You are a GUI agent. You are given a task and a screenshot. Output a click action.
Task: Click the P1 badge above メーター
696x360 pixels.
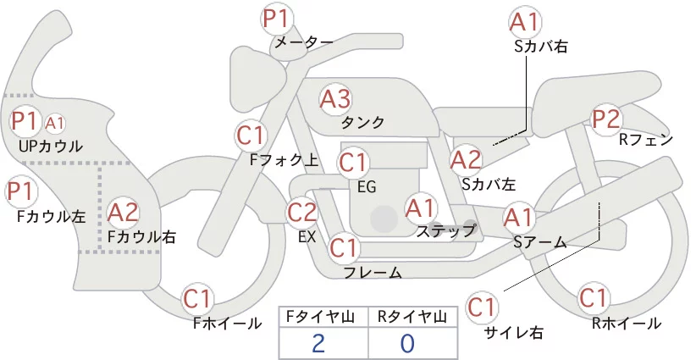pyautogui.click(x=276, y=19)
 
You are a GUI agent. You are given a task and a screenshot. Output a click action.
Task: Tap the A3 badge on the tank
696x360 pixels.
pyautogui.click(x=335, y=99)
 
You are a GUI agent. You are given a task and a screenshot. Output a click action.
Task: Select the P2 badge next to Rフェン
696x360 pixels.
pyautogui.click(x=606, y=119)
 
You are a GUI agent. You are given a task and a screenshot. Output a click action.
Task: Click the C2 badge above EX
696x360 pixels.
pyautogui.click(x=302, y=212)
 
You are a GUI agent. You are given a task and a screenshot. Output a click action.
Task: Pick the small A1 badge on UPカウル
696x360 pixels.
pyautogui.click(x=54, y=124)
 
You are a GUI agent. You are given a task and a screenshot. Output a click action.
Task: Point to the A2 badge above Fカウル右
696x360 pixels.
pyautogui.click(x=123, y=213)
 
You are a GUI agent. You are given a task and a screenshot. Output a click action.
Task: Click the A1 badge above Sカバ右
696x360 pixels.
pyautogui.click(x=525, y=22)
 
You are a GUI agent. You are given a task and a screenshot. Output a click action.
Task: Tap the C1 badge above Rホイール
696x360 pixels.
pyautogui.click(x=593, y=297)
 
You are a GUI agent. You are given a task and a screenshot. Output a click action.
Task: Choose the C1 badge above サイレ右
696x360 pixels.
pyautogui.click(x=482, y=307)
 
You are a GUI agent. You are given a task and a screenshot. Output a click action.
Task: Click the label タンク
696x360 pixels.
pyautogui.click(x=362, y=123)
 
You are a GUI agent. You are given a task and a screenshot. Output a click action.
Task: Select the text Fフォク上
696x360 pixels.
pyautogui.click(x=284, y=160)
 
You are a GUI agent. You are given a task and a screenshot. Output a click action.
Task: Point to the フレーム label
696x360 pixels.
pyautogui.click(x=373, y=273)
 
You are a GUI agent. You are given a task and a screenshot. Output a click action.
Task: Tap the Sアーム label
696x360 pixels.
pyautogui.click(x=540, y=242)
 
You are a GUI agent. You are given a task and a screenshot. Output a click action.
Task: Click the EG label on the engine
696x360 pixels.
pyautogui.click(x=367, y=187)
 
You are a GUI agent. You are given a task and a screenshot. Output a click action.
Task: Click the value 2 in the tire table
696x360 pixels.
pyautogui.click(x=318, y=344)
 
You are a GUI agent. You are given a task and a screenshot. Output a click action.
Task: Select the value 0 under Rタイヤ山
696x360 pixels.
pyautogui.click(x=407, y=344)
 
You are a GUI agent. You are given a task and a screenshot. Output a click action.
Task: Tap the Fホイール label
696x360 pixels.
pyautogui.click(x=227, y=324)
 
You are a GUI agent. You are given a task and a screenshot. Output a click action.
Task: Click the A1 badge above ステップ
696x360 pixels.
pyautogui.click(x=420, y=208)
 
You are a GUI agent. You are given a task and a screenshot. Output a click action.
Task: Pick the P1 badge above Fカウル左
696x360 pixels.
pyautogui.click(x=21, y=191)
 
